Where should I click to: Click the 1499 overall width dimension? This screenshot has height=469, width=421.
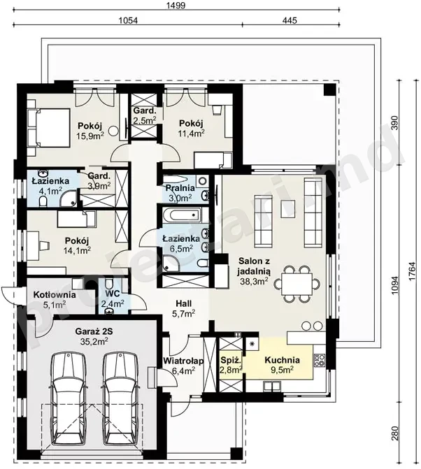(x=177, y=6)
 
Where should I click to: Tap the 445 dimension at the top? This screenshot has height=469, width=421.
(x=290, y=20)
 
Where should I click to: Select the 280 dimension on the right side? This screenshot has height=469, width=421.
(x=395, y=433)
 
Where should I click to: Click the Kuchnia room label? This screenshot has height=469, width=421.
(x=282, y=360)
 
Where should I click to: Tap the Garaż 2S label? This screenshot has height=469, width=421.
(x=94, y=331)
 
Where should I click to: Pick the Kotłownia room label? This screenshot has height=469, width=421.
(x=55, y=295)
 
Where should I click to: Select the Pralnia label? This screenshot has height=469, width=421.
(x=180, y=188)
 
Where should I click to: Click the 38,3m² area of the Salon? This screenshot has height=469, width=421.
(x=254, y=281)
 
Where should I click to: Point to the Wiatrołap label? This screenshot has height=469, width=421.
(x=183, y=361)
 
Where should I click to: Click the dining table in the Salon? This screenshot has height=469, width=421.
(x=297, y=283)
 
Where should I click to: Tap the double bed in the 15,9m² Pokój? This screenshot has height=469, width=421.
(x=50, y=128)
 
